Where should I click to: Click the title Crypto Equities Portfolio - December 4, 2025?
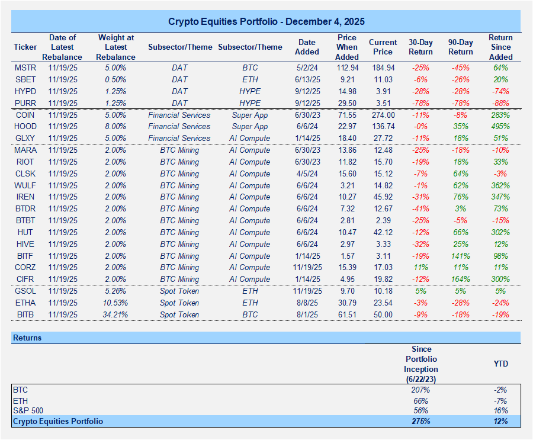click(266, 21)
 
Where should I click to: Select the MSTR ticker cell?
click(25, 68)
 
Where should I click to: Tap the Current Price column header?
click(383, 47)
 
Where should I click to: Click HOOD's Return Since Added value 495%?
click(500, 127)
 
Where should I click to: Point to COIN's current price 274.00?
click(383, 115)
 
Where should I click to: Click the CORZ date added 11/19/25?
click(307, 268)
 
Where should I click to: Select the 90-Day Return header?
click(461, 47)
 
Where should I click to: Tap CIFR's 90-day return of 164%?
click(461, 280)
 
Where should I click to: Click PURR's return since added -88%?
click(500, 103)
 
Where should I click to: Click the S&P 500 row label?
click(28, 410)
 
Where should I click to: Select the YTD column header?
click(500, 364)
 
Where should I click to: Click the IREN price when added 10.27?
click(347, 197)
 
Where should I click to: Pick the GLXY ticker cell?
click(25, 139)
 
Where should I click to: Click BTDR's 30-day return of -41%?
click(420, 209)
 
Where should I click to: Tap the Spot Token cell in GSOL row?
click(179, 291)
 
